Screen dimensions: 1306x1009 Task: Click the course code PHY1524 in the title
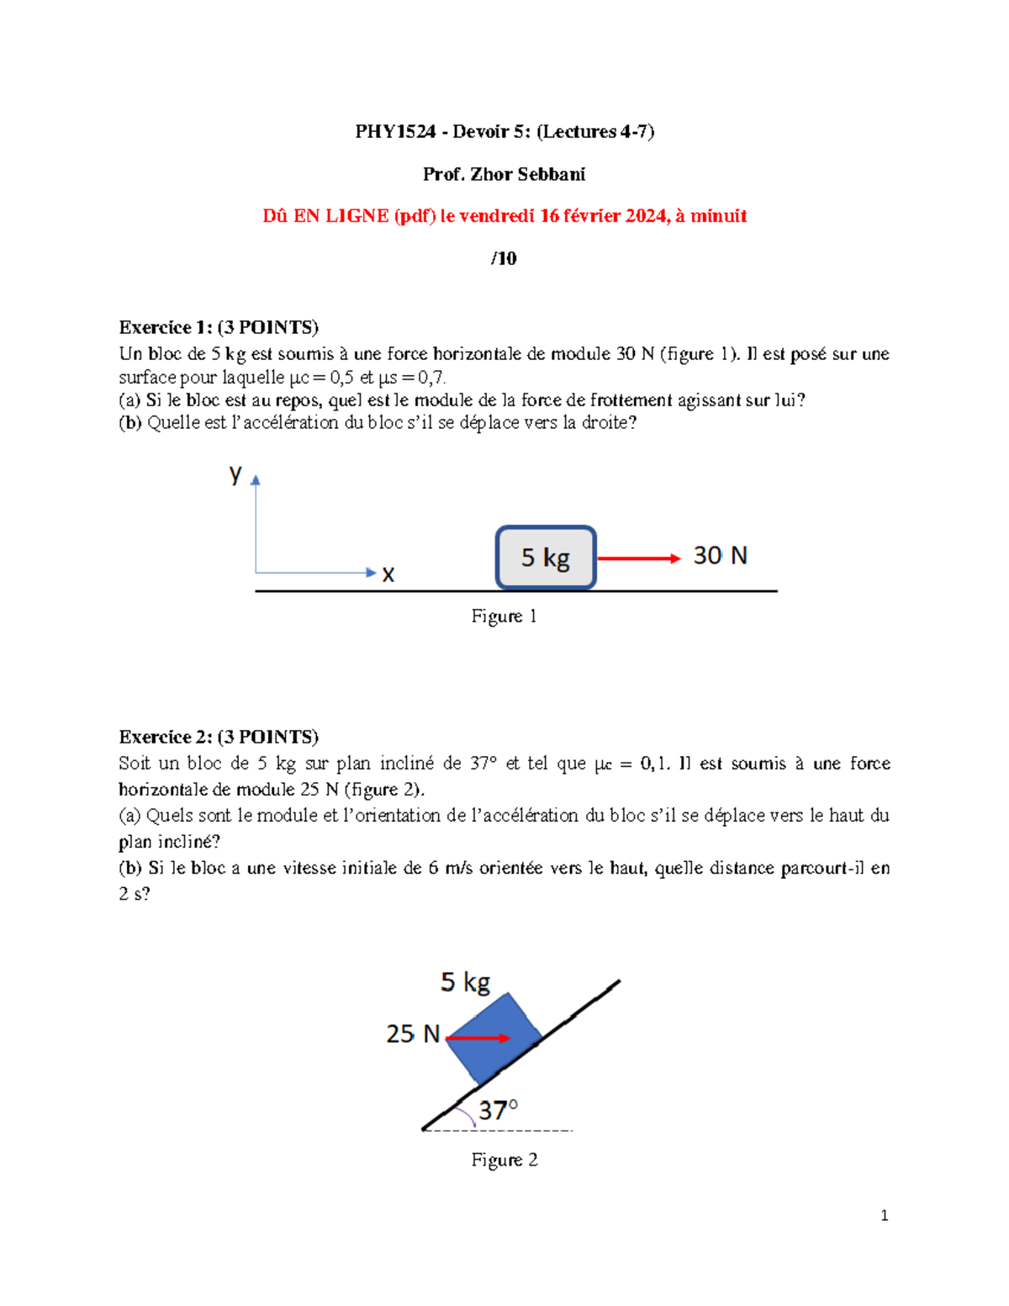pyautogui.click(x=395, y=131)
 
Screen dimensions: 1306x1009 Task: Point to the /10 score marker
pyautogui.click(x=504, y=258)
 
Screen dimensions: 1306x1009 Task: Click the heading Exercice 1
pyautogui.click(x=166, y=327)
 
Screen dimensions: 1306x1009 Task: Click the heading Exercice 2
pyautogui.click(x=166, y=737)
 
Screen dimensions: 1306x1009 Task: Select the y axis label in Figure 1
pyautogui.click(x=235, y=473)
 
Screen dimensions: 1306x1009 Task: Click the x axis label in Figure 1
pyautogui.click(x=388, y=574)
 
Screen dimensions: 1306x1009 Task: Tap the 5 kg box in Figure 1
pyautogui.click(x=546, y=558)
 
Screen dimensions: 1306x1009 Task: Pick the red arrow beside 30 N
pyautogui.click(x=638, y=558)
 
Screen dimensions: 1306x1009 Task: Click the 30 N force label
pyautogui.click(x=720, y=556)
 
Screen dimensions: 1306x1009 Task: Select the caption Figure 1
pyautogui.click(x=504, y=616)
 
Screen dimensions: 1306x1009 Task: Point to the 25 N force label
pyautogui.click(x=413, y=1034)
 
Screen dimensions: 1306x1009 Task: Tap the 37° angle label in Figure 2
pyautogui.click(x=498, y=1110)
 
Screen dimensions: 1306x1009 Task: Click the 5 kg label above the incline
pyautogui.click(x=465, y=981)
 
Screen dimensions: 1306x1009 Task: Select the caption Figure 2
pyautogui.click(x=504, y=1161)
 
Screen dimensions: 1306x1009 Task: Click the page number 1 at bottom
pyautogui.click(x=884, y=1215)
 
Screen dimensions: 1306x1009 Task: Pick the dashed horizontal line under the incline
pyautogui.click(x=521, y=1130)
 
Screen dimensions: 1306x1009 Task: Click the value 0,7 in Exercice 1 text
pyautogui.click(x=431, y=378)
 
